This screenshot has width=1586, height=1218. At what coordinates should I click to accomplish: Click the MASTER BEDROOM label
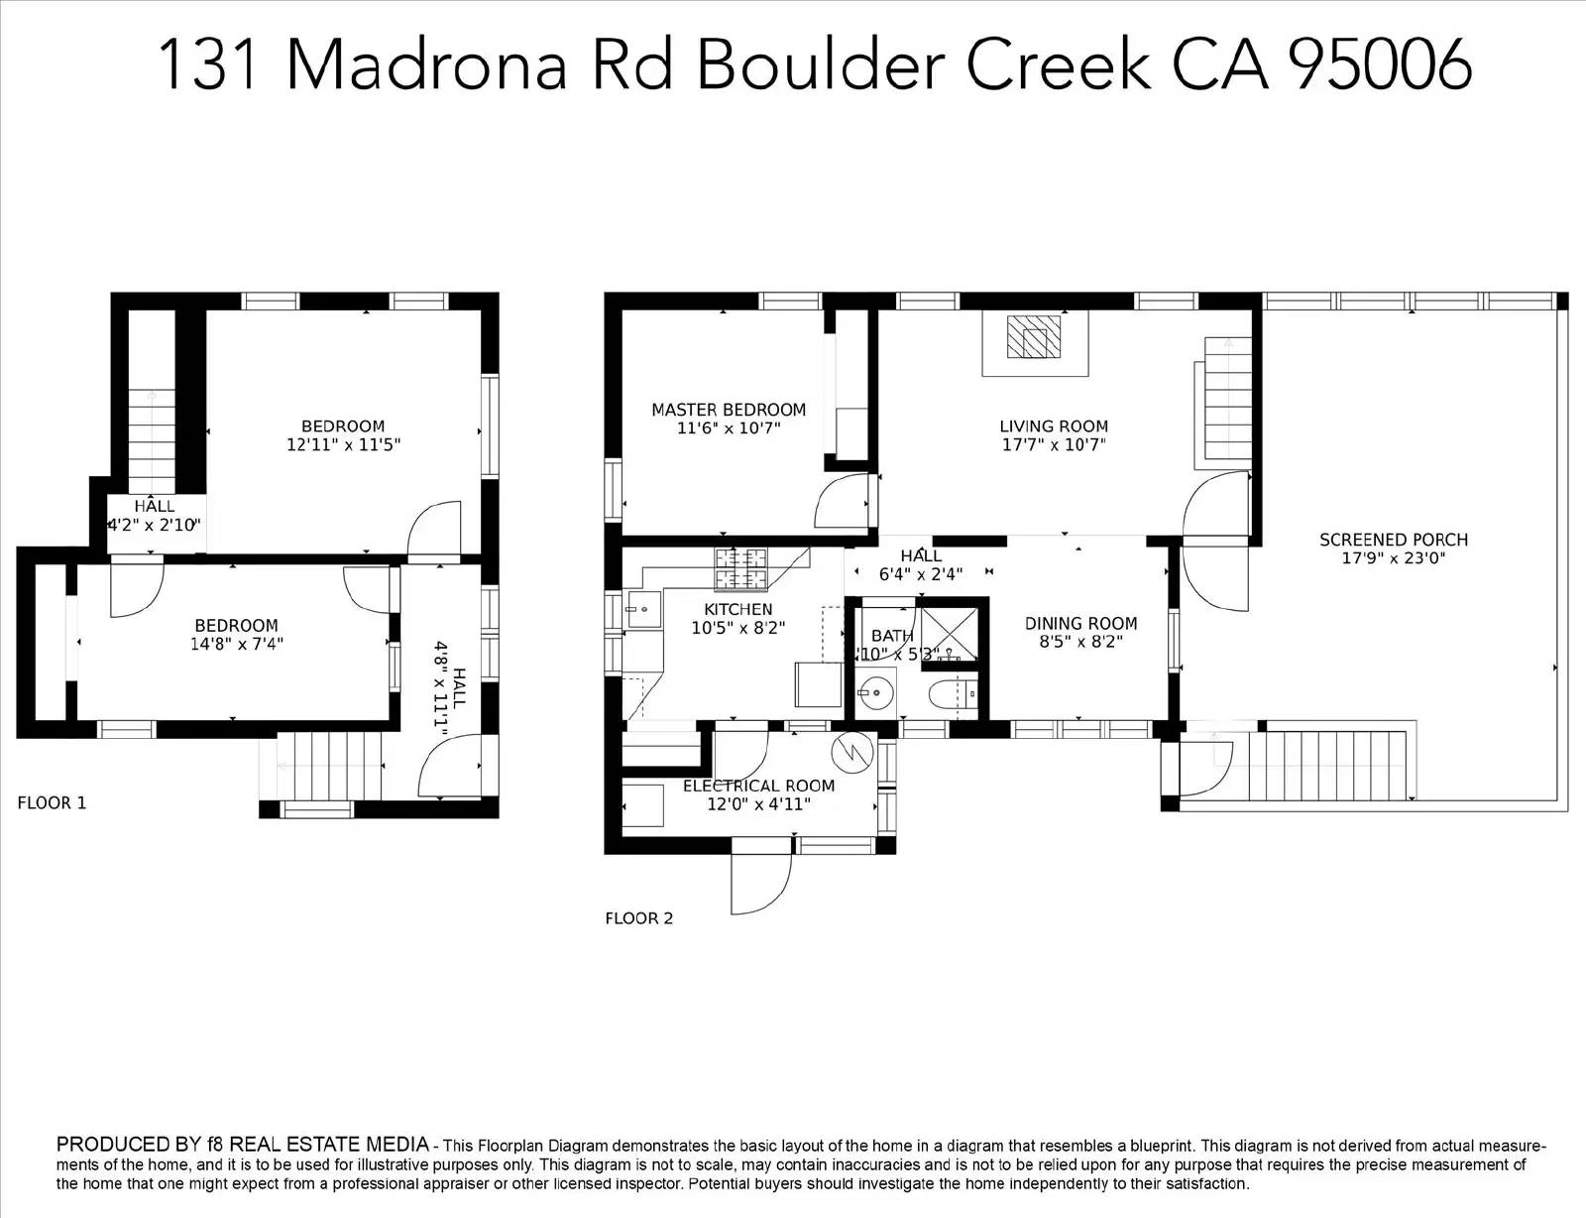point(729,410)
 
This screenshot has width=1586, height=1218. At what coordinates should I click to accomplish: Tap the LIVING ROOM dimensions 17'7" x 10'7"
point(1054,444)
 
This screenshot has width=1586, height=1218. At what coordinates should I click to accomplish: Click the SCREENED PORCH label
point(1394,540)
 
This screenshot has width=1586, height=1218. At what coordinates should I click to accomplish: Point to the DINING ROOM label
point(1080,624)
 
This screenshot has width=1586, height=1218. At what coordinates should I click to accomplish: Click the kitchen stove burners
point(740,569)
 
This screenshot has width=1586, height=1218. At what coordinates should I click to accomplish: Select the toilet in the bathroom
point(953,694)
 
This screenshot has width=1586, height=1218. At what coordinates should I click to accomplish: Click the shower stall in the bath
point(949,634)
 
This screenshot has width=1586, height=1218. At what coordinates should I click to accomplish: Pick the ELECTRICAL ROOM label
point(758,786)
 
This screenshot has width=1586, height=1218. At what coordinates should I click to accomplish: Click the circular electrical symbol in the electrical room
point(851,752)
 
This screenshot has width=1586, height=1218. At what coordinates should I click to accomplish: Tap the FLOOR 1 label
point(52,803)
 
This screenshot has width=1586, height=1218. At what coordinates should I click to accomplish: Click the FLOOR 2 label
point(638,918)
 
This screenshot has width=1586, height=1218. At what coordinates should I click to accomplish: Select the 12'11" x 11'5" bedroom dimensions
point(343,444)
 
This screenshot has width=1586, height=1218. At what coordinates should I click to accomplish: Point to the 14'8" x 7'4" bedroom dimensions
point(237,644)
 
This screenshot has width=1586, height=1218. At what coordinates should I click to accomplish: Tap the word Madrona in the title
point(427,65)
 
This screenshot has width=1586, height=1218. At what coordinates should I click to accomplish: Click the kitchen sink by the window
point(643,609)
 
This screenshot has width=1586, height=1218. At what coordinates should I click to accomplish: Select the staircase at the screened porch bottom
point(1327,766)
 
